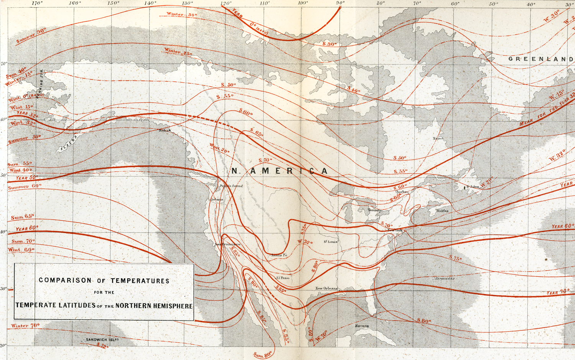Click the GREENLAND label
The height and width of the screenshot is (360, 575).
(x=540, y=59)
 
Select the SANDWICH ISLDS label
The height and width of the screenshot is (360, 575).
(x=102, y=340)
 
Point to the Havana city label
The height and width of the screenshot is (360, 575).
(x=362, y=326)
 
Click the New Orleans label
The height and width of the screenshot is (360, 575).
(x=327, y=288)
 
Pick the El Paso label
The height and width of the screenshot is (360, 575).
(x=283, y=278)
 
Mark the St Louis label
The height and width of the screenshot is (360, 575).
(x=330, y=242)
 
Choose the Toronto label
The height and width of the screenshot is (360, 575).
(x=375, y=210)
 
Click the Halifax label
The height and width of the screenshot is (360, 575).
(x=442, y=211)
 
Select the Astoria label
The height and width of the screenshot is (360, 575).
(x=217, y=200)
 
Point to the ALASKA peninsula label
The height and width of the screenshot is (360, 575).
(x=69, y=143)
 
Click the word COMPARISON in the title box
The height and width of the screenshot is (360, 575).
(x=65, y=280)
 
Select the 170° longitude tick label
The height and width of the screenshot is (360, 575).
(x=37, y=3)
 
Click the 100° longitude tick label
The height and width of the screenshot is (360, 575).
(x=303, y=3)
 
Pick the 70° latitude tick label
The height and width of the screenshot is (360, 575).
(x=3, y=64)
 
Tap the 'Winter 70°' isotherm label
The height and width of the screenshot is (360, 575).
(x=25, y=326)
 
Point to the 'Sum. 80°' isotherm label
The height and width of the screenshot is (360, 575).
(x=263, y=354)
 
